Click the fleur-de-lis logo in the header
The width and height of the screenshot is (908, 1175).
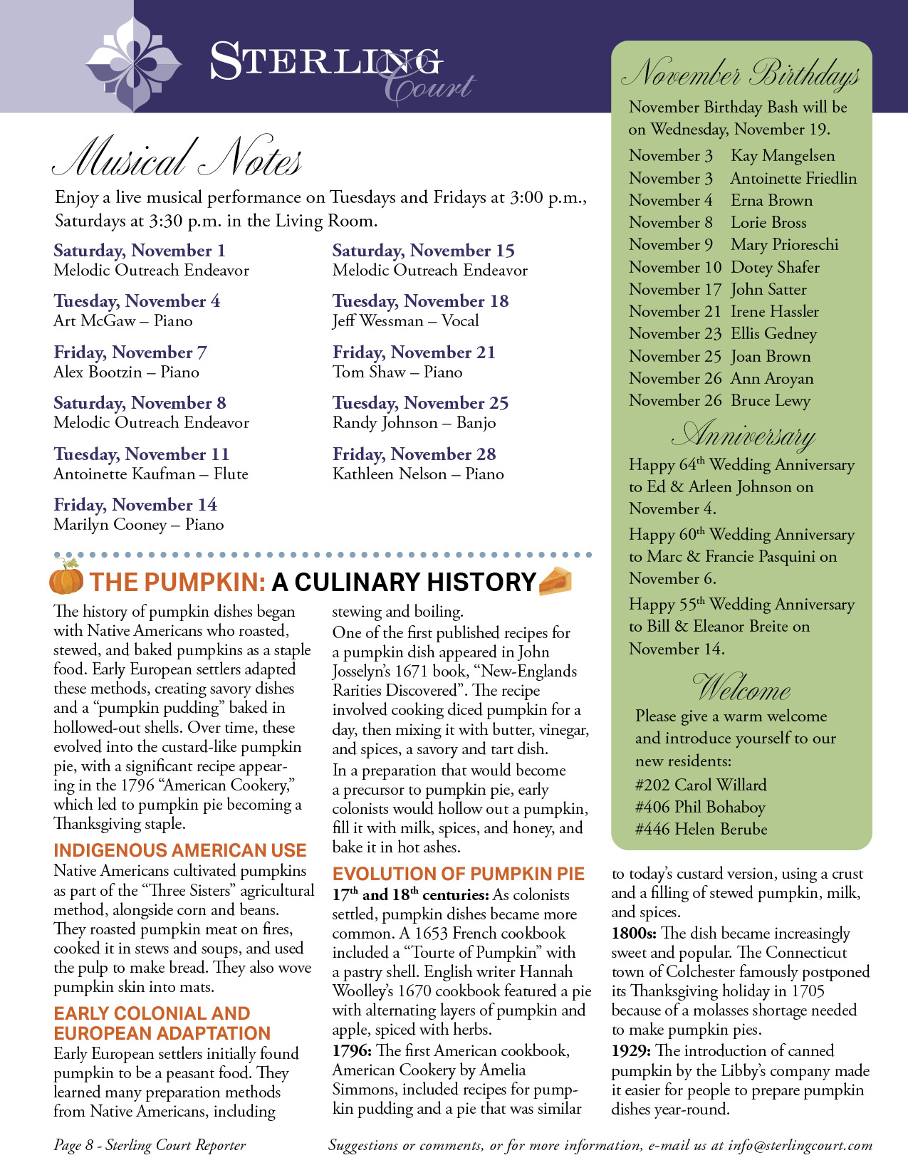pos(134,63)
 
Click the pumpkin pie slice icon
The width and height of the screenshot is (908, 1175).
pos(555,581)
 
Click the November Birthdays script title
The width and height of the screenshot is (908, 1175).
pos(741,74)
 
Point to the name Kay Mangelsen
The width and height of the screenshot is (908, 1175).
pos(783,156)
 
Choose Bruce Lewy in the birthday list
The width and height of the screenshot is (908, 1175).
pos(771,401)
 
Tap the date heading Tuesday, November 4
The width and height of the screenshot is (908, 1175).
pos(137,301)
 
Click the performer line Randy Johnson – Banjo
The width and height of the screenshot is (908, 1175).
pos(414,423)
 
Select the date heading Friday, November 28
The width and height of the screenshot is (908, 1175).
pos(414,454)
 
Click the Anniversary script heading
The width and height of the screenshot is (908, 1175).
pos(743,434)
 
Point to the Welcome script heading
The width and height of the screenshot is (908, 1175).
pos(741,688)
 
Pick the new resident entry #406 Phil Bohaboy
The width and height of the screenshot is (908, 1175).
pos(700,808)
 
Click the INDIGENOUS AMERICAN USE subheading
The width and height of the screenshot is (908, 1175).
pos(179,850)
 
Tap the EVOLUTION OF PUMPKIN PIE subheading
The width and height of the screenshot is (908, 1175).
pos(458,874)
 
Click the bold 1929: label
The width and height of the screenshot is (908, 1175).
pos(631,1051)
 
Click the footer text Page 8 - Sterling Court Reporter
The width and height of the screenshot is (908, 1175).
pos(150,1146)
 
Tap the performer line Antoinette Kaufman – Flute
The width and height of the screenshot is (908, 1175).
pos(151,474)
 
